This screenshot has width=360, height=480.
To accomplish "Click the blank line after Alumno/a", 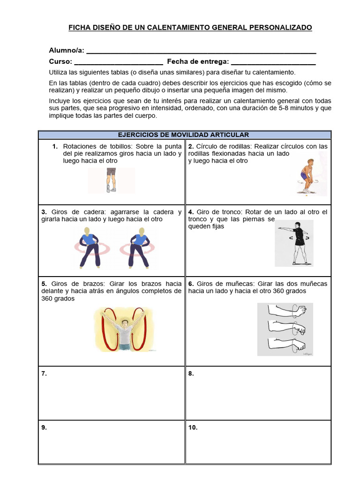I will click(201, 52).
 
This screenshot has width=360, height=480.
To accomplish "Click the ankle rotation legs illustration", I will click(111, 180).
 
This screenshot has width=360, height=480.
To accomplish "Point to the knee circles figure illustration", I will click(307, 176).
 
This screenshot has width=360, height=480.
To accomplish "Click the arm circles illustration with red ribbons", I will click(124, 329).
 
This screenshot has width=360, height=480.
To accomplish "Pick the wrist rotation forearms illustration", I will click(285, 329).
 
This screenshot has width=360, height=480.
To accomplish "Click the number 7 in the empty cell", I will click(44, 374).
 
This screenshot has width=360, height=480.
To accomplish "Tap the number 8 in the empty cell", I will click(191, 374).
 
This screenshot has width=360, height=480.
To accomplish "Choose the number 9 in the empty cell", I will click(44, 427).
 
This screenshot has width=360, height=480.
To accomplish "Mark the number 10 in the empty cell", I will click(193, 427).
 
